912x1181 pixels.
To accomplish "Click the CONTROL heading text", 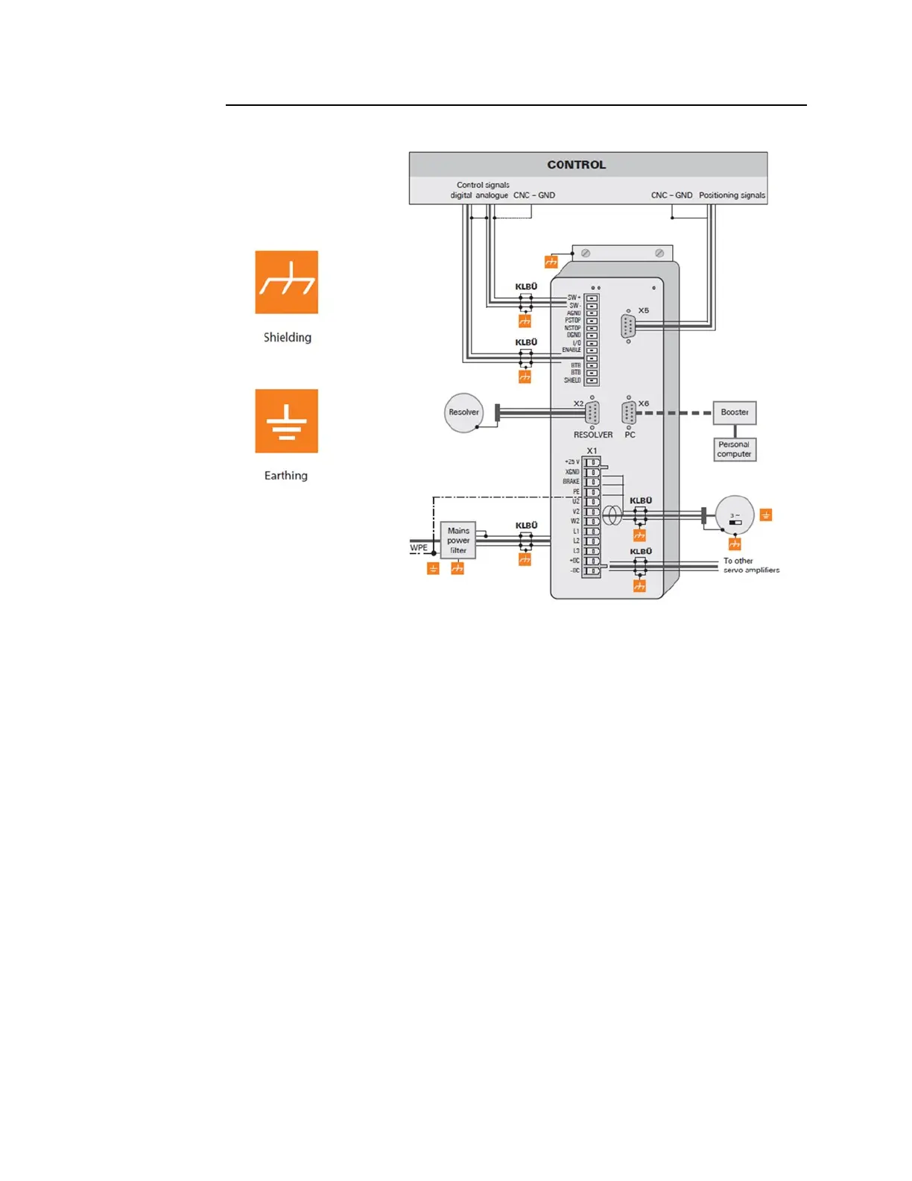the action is coord(576,165).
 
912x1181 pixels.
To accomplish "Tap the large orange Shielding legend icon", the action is coord(287,282).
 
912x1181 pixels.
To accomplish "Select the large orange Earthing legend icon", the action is coord(287,421).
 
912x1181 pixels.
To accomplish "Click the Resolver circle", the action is coord(463,412).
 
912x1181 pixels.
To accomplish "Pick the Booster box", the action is coord(735,412).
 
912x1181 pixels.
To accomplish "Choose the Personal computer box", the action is coord(735,450).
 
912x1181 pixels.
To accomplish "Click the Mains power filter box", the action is coord(458,541).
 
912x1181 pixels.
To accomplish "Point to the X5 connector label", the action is coord(644,311).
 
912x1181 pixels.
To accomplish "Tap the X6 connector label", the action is coord(644,403).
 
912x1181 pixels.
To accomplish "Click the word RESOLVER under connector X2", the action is coord(593,435).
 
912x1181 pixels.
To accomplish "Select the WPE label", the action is coord(419,548).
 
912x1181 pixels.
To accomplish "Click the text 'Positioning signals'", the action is coord(732,195).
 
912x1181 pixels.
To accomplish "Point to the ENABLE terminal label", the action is coord(571,350).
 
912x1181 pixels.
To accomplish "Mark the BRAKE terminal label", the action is coord(571,482).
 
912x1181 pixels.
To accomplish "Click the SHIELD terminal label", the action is coord(572,380).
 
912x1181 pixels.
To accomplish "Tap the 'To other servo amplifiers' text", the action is coord(751,565).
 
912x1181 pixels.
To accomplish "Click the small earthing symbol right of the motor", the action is coord(766,514).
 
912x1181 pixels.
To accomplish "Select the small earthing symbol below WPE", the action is coord(433,569).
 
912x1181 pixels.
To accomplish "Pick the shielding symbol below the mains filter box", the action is coord(457,569).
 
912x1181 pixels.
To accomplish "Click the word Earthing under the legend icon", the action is coord(286,476).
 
